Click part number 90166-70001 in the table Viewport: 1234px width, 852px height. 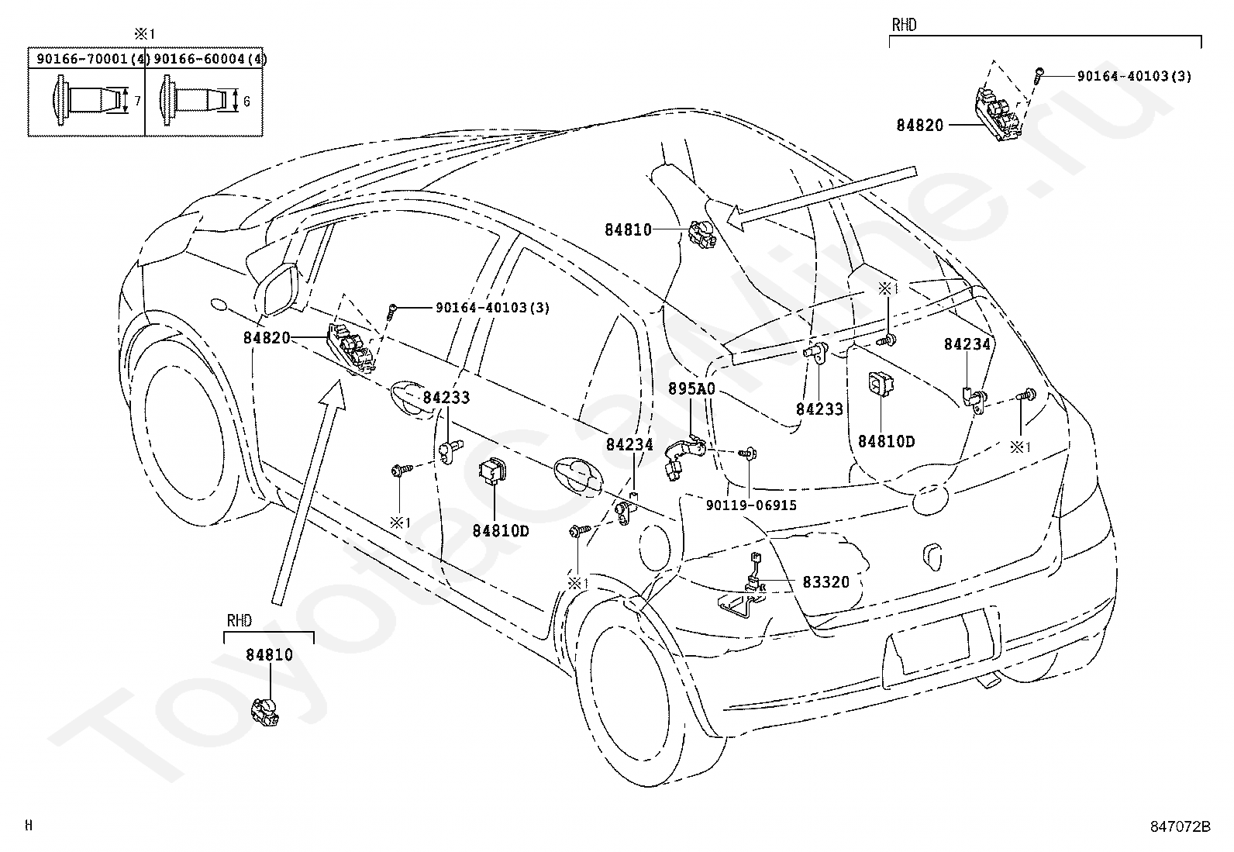82,58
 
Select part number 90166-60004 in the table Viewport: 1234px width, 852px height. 199,58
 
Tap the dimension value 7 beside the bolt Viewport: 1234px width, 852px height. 138,101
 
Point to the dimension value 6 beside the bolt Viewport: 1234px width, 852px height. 246,102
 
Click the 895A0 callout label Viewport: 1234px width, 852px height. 692,389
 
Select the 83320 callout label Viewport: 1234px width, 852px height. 826,582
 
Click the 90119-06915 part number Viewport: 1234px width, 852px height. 751,505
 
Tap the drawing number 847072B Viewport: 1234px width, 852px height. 1180,826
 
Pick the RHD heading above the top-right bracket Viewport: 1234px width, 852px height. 904,26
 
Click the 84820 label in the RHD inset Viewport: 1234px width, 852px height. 920,125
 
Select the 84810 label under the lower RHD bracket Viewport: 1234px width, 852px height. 270,655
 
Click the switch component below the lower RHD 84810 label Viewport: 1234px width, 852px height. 265,712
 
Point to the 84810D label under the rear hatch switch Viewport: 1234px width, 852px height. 887,441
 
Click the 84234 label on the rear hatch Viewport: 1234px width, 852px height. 967,344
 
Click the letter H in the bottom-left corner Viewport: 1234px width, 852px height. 29,826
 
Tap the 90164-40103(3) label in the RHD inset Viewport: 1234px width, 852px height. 1134,76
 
